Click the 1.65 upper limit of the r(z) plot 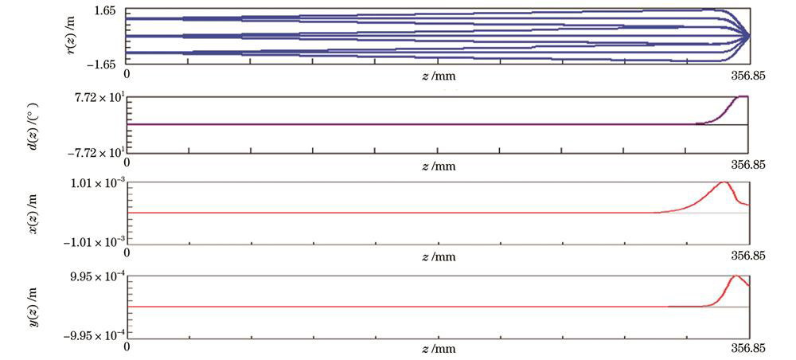coord(107,11)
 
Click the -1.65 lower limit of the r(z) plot coord(104,62)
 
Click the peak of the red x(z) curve coord(724,182)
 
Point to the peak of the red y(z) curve coord(736,276)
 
